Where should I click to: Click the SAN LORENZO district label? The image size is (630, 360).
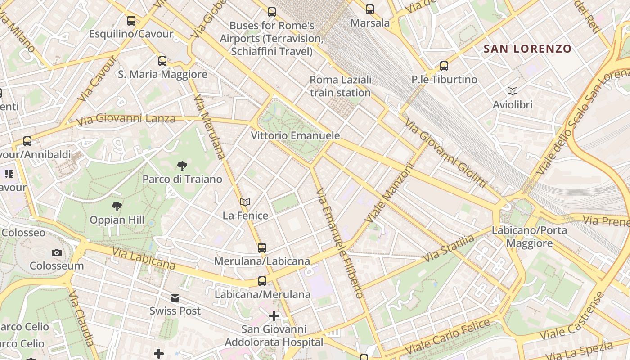[x=527, y=49]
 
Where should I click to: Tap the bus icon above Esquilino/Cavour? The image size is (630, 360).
[x=131, y=20]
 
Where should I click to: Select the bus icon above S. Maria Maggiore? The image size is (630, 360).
[x=162, y=61]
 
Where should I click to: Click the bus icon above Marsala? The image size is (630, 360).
[x=370, y=9]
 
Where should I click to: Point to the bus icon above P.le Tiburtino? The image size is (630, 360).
[x=444, y=66]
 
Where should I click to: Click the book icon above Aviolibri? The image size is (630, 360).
[x=513, y=91]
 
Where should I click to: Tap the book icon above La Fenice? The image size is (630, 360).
[x=245, y=202]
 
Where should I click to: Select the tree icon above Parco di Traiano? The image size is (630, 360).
[x=182, y=166]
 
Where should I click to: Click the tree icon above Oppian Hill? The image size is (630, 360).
[x=117, y=207]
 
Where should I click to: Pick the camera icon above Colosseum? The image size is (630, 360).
[x=57, y=252]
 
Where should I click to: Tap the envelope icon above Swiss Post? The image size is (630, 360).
[x=175, y=297]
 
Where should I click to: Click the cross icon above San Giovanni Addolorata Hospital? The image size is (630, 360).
[x=274, y=316]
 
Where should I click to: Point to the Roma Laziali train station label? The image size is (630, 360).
[x=341, y=86]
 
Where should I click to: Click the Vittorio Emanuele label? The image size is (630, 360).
[x=295, y=135]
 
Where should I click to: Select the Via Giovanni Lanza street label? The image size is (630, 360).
[x=126, y=119]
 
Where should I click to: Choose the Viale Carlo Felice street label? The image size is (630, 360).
[x=447, y=336]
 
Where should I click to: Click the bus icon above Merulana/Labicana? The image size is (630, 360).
[x=262, y=247]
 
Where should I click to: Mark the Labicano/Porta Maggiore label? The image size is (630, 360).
[x=530, y=237]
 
